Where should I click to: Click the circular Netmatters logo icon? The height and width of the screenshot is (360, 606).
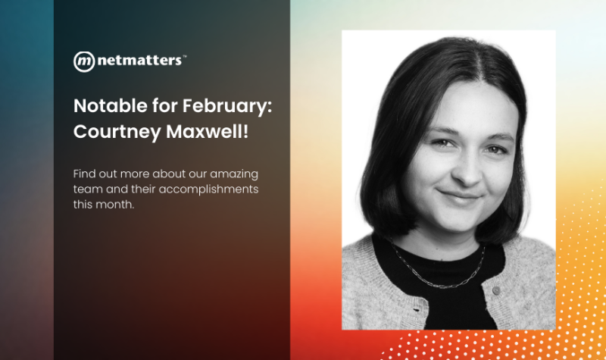(83, 61)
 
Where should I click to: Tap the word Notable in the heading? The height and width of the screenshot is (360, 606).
(103, 105)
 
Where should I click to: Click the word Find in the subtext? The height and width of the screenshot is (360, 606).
(84, 173)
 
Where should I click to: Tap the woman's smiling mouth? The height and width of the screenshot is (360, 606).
(460, 196)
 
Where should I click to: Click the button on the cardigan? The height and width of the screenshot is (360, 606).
(498, 290)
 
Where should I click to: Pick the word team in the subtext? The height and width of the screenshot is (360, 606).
(87, 189)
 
